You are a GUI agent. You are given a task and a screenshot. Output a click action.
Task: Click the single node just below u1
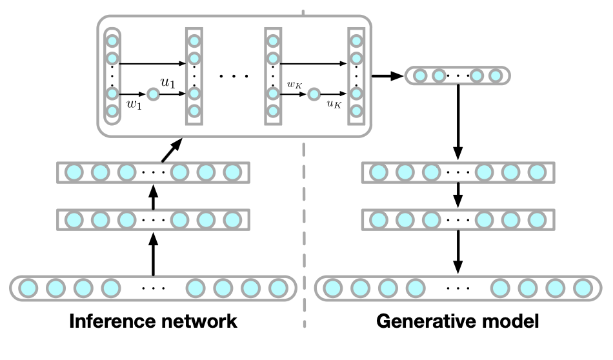[152, 95]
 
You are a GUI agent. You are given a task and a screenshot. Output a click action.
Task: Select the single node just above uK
[314, 95]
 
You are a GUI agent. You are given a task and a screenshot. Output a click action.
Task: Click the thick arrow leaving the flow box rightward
[386, 76]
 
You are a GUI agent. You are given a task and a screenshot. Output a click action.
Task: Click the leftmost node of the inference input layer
[28, 286]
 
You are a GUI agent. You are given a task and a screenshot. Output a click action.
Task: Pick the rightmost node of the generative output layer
[583, 286]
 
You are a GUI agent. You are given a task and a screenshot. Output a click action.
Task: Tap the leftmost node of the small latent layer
[419, 76]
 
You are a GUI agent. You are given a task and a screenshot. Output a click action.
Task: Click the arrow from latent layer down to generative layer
[457, 123]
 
